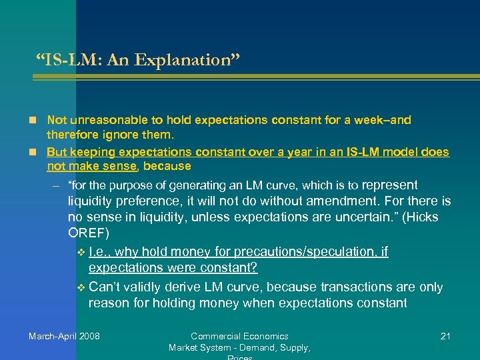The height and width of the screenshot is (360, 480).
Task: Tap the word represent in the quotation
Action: click(389, 185)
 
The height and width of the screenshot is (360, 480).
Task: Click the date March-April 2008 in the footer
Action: click(64, 336)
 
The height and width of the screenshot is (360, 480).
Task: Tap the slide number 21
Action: click(445, 336)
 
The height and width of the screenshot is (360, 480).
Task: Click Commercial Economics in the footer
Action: click(239, 336)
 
